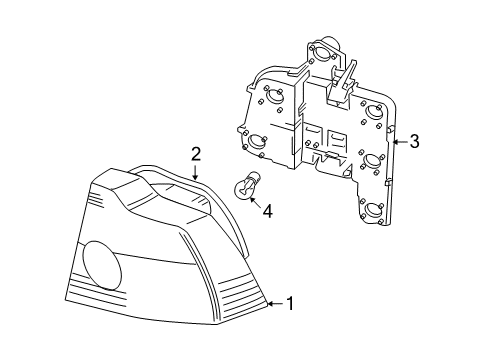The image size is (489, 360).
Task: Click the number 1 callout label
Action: [x=290, y=331]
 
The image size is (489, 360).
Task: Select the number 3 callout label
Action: [x=413, y=141]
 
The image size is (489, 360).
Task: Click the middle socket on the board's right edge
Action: [x=377, y=160]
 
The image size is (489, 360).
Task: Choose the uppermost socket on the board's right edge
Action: [x=375, y=111]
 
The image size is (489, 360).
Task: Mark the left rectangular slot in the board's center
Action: [x=311, y=138]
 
